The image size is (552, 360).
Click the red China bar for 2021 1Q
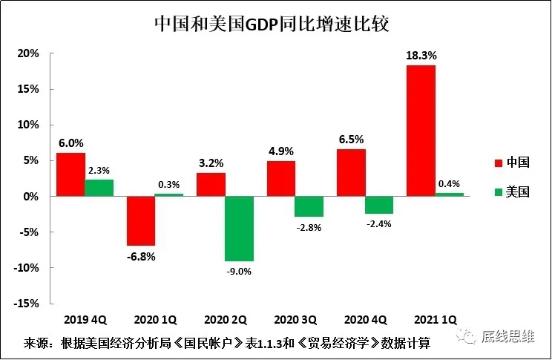(x=421, y=131)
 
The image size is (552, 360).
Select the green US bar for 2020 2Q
(x=240, y=229)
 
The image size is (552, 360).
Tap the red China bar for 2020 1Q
(x=141, y=220)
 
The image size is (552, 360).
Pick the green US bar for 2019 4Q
(x=99, y=188)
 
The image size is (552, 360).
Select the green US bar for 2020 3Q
(x=309, y=206)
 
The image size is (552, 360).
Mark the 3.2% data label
(x=211, y=162)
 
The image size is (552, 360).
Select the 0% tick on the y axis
(x=31, y=197)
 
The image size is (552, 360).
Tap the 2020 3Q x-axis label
(x=295, y=320)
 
